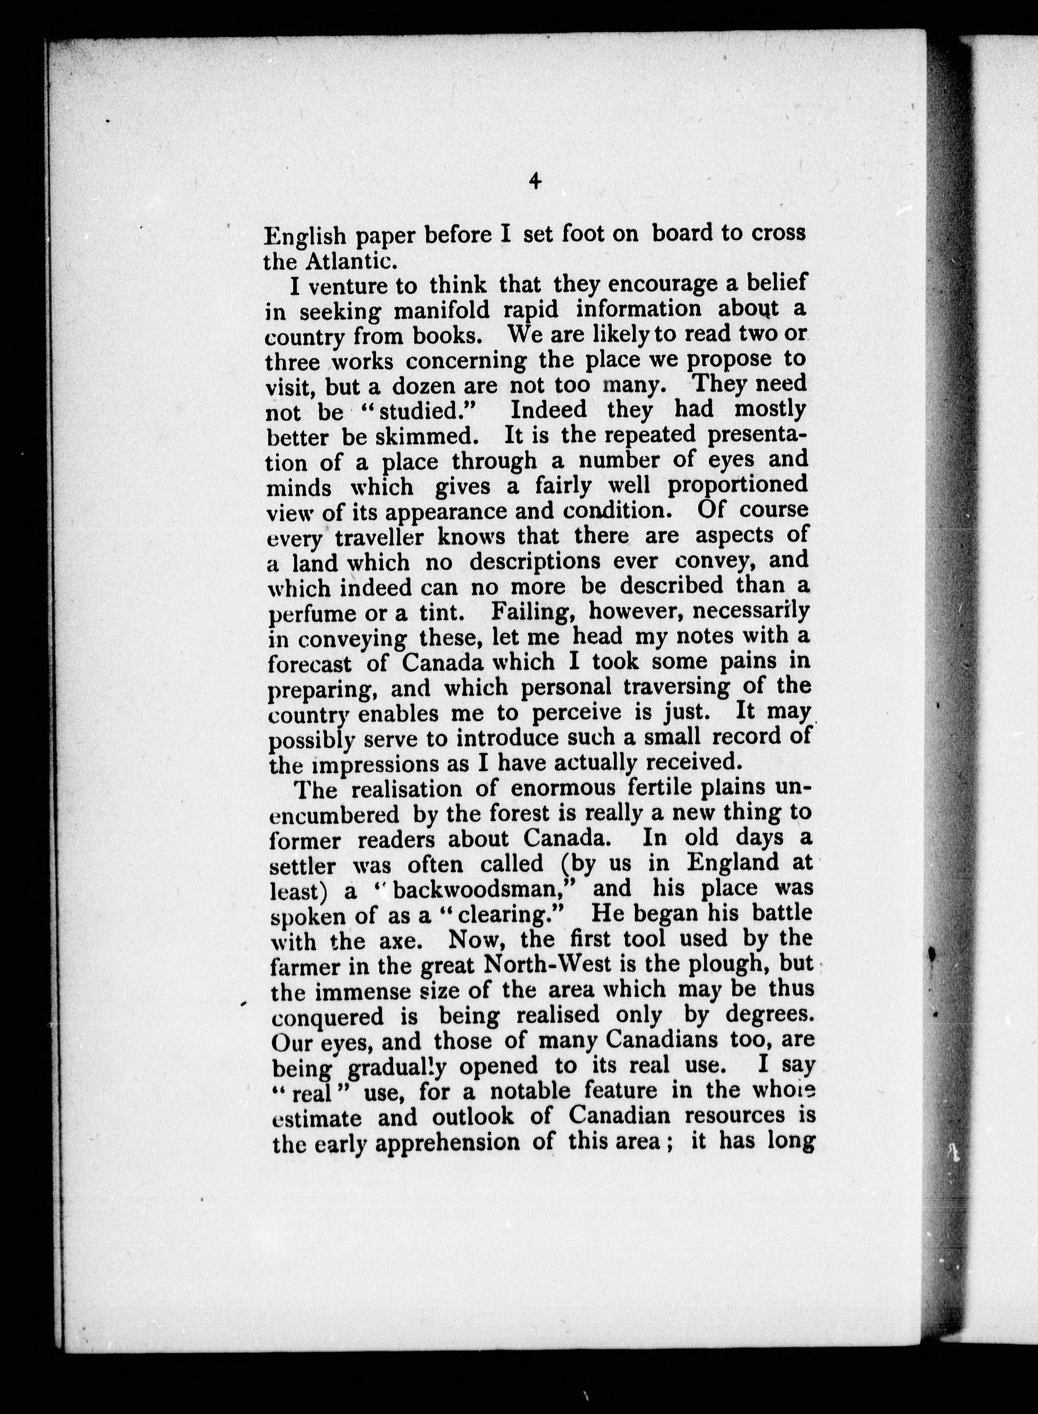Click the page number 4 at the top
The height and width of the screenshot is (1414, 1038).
coord(535,181)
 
